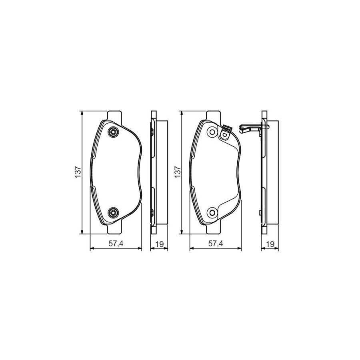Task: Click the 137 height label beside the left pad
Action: coord(78,172)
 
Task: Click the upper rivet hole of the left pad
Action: coord(113,132)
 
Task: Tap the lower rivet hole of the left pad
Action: coord(113,212)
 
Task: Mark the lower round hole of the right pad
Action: coord(212,212)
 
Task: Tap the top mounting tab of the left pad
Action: coord(114,115)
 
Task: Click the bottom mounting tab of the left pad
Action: coord(114,230)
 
